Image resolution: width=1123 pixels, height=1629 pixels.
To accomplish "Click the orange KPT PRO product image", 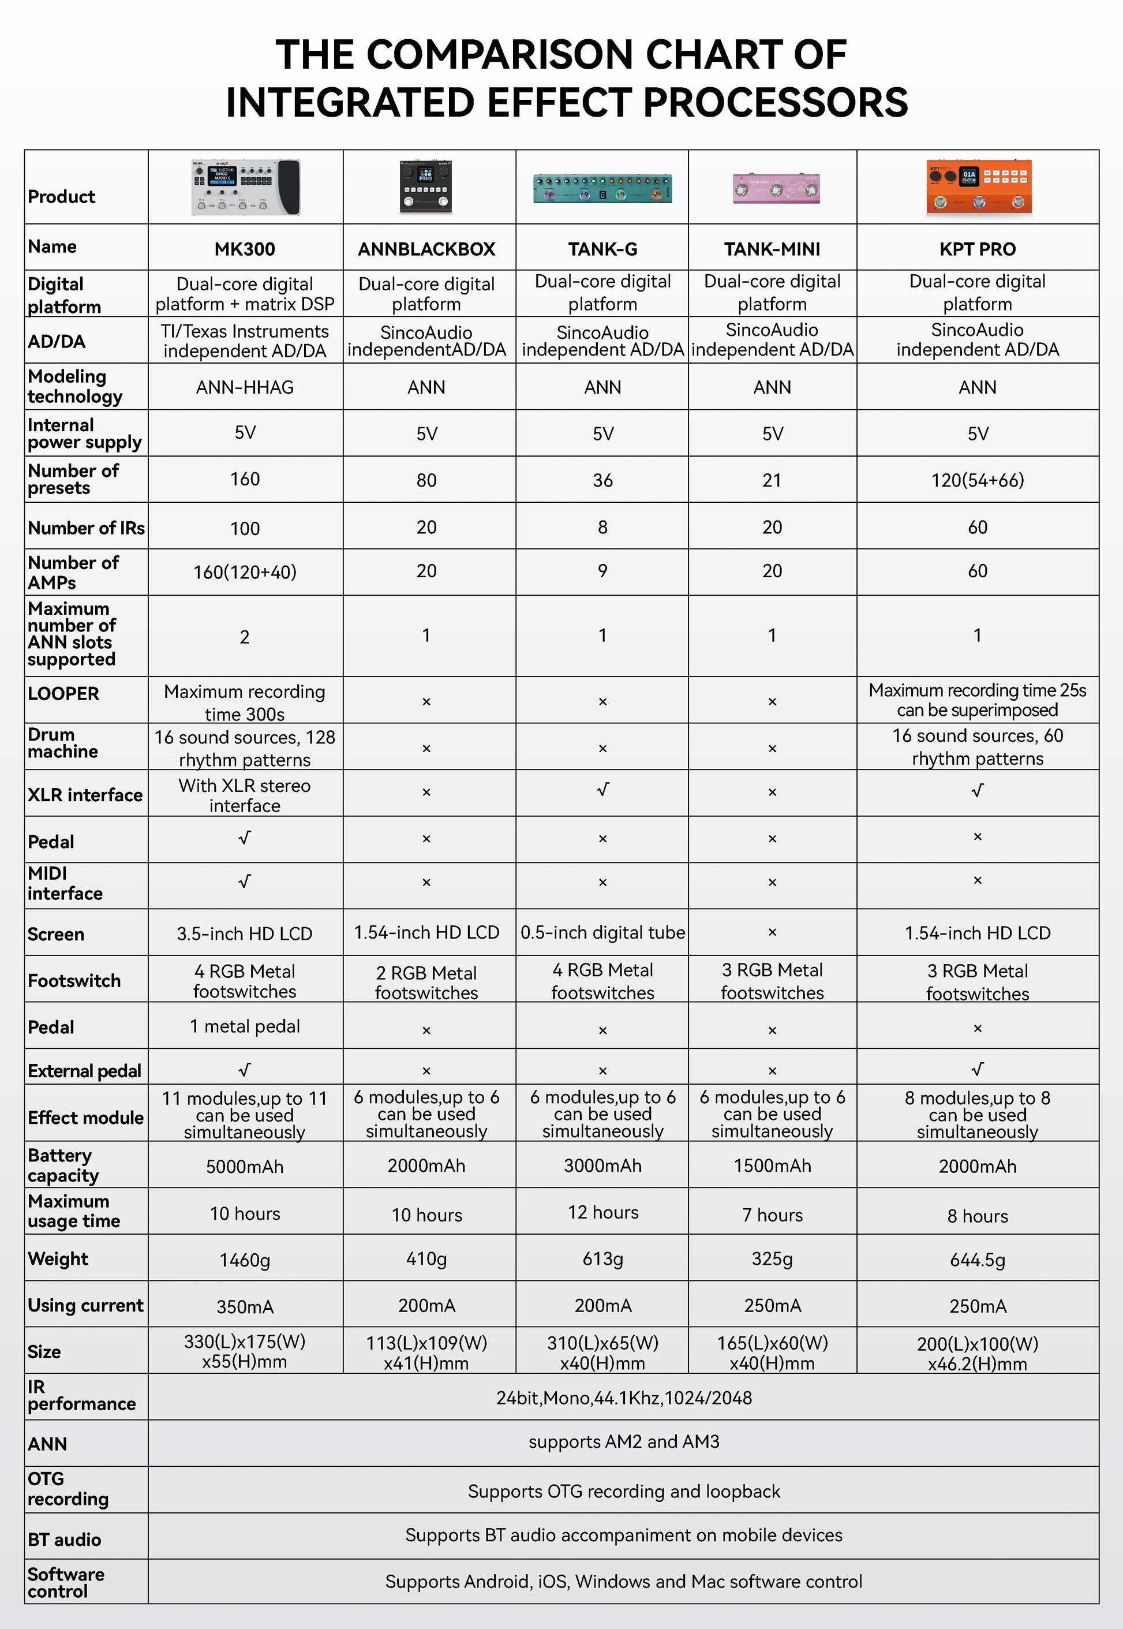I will coord(978,186).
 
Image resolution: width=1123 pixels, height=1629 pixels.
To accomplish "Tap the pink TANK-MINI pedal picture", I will coord(776,188).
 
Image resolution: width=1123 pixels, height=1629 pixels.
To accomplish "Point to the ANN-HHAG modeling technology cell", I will coord(245,387).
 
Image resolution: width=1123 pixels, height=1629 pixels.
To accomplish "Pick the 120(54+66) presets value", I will coord(978,480).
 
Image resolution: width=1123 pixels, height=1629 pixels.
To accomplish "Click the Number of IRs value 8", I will coord(602,527).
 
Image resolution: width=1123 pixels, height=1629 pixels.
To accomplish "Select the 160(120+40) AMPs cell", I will coord(245,572).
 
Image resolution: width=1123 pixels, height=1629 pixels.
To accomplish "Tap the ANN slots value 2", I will coord(245,637).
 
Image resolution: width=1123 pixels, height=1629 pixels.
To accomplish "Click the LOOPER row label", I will coord(63,694).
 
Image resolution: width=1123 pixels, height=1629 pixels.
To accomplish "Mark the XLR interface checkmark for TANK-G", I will coord(602,790).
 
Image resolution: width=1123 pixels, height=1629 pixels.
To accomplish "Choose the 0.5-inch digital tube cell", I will coord(602,932).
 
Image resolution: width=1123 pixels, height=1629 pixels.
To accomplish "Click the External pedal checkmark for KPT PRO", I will coord(978,1070).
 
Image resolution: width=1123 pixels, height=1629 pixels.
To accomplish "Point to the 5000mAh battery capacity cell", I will coord(245,1167).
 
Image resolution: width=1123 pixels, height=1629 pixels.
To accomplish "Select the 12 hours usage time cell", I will coord(603,1212).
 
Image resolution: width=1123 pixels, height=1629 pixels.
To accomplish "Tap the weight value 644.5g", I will coord(978,1260).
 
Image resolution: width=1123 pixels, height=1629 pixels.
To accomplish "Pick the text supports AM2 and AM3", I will coord(623,1442).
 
